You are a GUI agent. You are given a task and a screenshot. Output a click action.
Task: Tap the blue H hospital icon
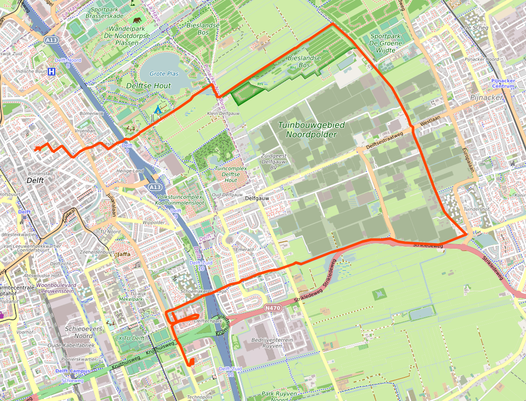(51, 72)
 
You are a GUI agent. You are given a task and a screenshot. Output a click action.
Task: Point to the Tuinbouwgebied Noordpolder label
(311, 130)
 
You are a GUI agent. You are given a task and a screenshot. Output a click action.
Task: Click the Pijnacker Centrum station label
(505, 84)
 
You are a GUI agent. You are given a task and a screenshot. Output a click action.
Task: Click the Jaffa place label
(123, 254)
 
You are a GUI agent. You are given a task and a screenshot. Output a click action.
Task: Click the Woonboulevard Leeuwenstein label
(55, 288)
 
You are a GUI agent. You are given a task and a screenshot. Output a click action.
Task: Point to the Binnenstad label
(39, 174)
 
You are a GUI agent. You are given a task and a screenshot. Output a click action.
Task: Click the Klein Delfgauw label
(220, 113)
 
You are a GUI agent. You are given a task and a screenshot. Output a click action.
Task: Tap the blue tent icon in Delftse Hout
(158, 109)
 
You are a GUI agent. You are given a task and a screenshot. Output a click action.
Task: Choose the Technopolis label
(199, 397)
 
